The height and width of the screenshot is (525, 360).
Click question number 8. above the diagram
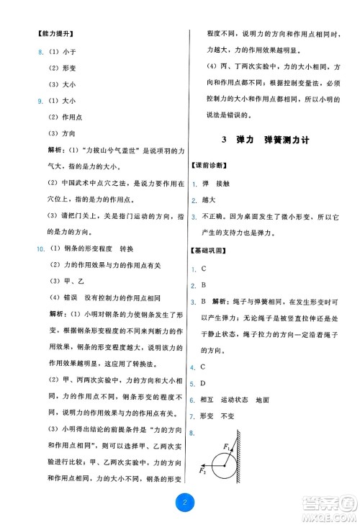pos(193,433)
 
